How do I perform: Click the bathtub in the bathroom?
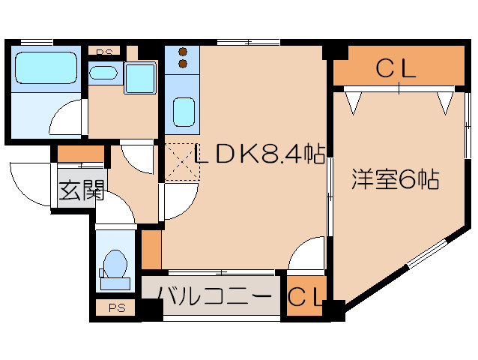click(x=46, y=67)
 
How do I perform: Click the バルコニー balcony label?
click(x=214, y=296)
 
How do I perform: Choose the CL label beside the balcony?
click(x=306, y=298)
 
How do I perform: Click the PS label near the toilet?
click(x=115, y=307)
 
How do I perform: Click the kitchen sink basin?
click(x=183, y=112)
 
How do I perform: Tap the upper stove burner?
click(x=183, y=52)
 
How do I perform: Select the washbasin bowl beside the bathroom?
click(x=103, y=73)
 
